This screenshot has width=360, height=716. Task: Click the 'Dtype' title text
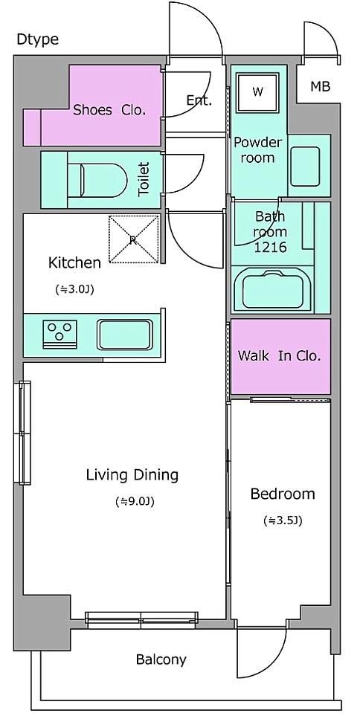click(37, 39)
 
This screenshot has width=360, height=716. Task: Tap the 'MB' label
click(321, 86)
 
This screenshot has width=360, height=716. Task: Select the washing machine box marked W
click(257, 92)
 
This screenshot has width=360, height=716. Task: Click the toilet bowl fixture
click(97, 181)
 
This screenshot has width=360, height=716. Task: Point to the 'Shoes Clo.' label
click(109, 110)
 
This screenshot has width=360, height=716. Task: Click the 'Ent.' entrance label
click(199, 100)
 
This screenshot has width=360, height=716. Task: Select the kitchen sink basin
click(125, 335)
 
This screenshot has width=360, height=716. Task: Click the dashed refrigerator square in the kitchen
click(133, 239)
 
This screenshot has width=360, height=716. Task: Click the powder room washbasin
click(305, 167)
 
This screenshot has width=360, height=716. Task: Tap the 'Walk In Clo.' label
click(279, 356)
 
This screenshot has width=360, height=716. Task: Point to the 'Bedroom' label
click(283, 494)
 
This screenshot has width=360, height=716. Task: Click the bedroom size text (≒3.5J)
click(283, 520)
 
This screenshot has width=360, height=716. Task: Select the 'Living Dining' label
click(132, 475)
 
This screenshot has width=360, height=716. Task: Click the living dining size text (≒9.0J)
click(135, 501)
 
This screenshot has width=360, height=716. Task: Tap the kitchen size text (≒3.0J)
click(74, 289)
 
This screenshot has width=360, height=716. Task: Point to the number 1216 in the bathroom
click(271, 248)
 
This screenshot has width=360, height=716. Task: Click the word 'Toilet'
click(144, 179)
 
